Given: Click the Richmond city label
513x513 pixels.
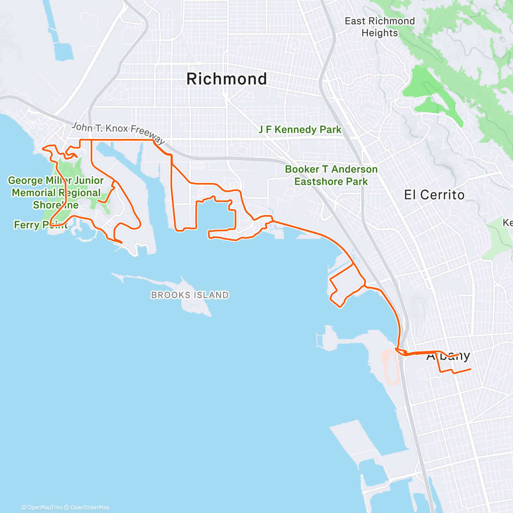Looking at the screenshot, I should click(227, 79).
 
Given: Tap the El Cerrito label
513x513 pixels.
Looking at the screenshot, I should click(434, 195).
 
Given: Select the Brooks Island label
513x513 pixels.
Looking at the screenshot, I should click(190, 295).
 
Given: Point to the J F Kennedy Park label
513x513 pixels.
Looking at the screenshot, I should click(300, 130).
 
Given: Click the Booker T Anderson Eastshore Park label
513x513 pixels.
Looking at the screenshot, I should click(331, 175).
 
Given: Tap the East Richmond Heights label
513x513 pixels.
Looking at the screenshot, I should click(380, 27).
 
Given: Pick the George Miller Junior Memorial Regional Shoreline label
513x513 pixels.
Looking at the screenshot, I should click(56, 192).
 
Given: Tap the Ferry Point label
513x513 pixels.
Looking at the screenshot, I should click(41, 225).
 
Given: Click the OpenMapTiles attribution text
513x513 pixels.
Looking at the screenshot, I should click(42, 507).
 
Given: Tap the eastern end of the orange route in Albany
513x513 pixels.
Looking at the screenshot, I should click(470, 369).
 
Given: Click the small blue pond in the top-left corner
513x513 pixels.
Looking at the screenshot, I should click(63, 51).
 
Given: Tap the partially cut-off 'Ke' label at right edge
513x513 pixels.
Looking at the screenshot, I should click(507, 223).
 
